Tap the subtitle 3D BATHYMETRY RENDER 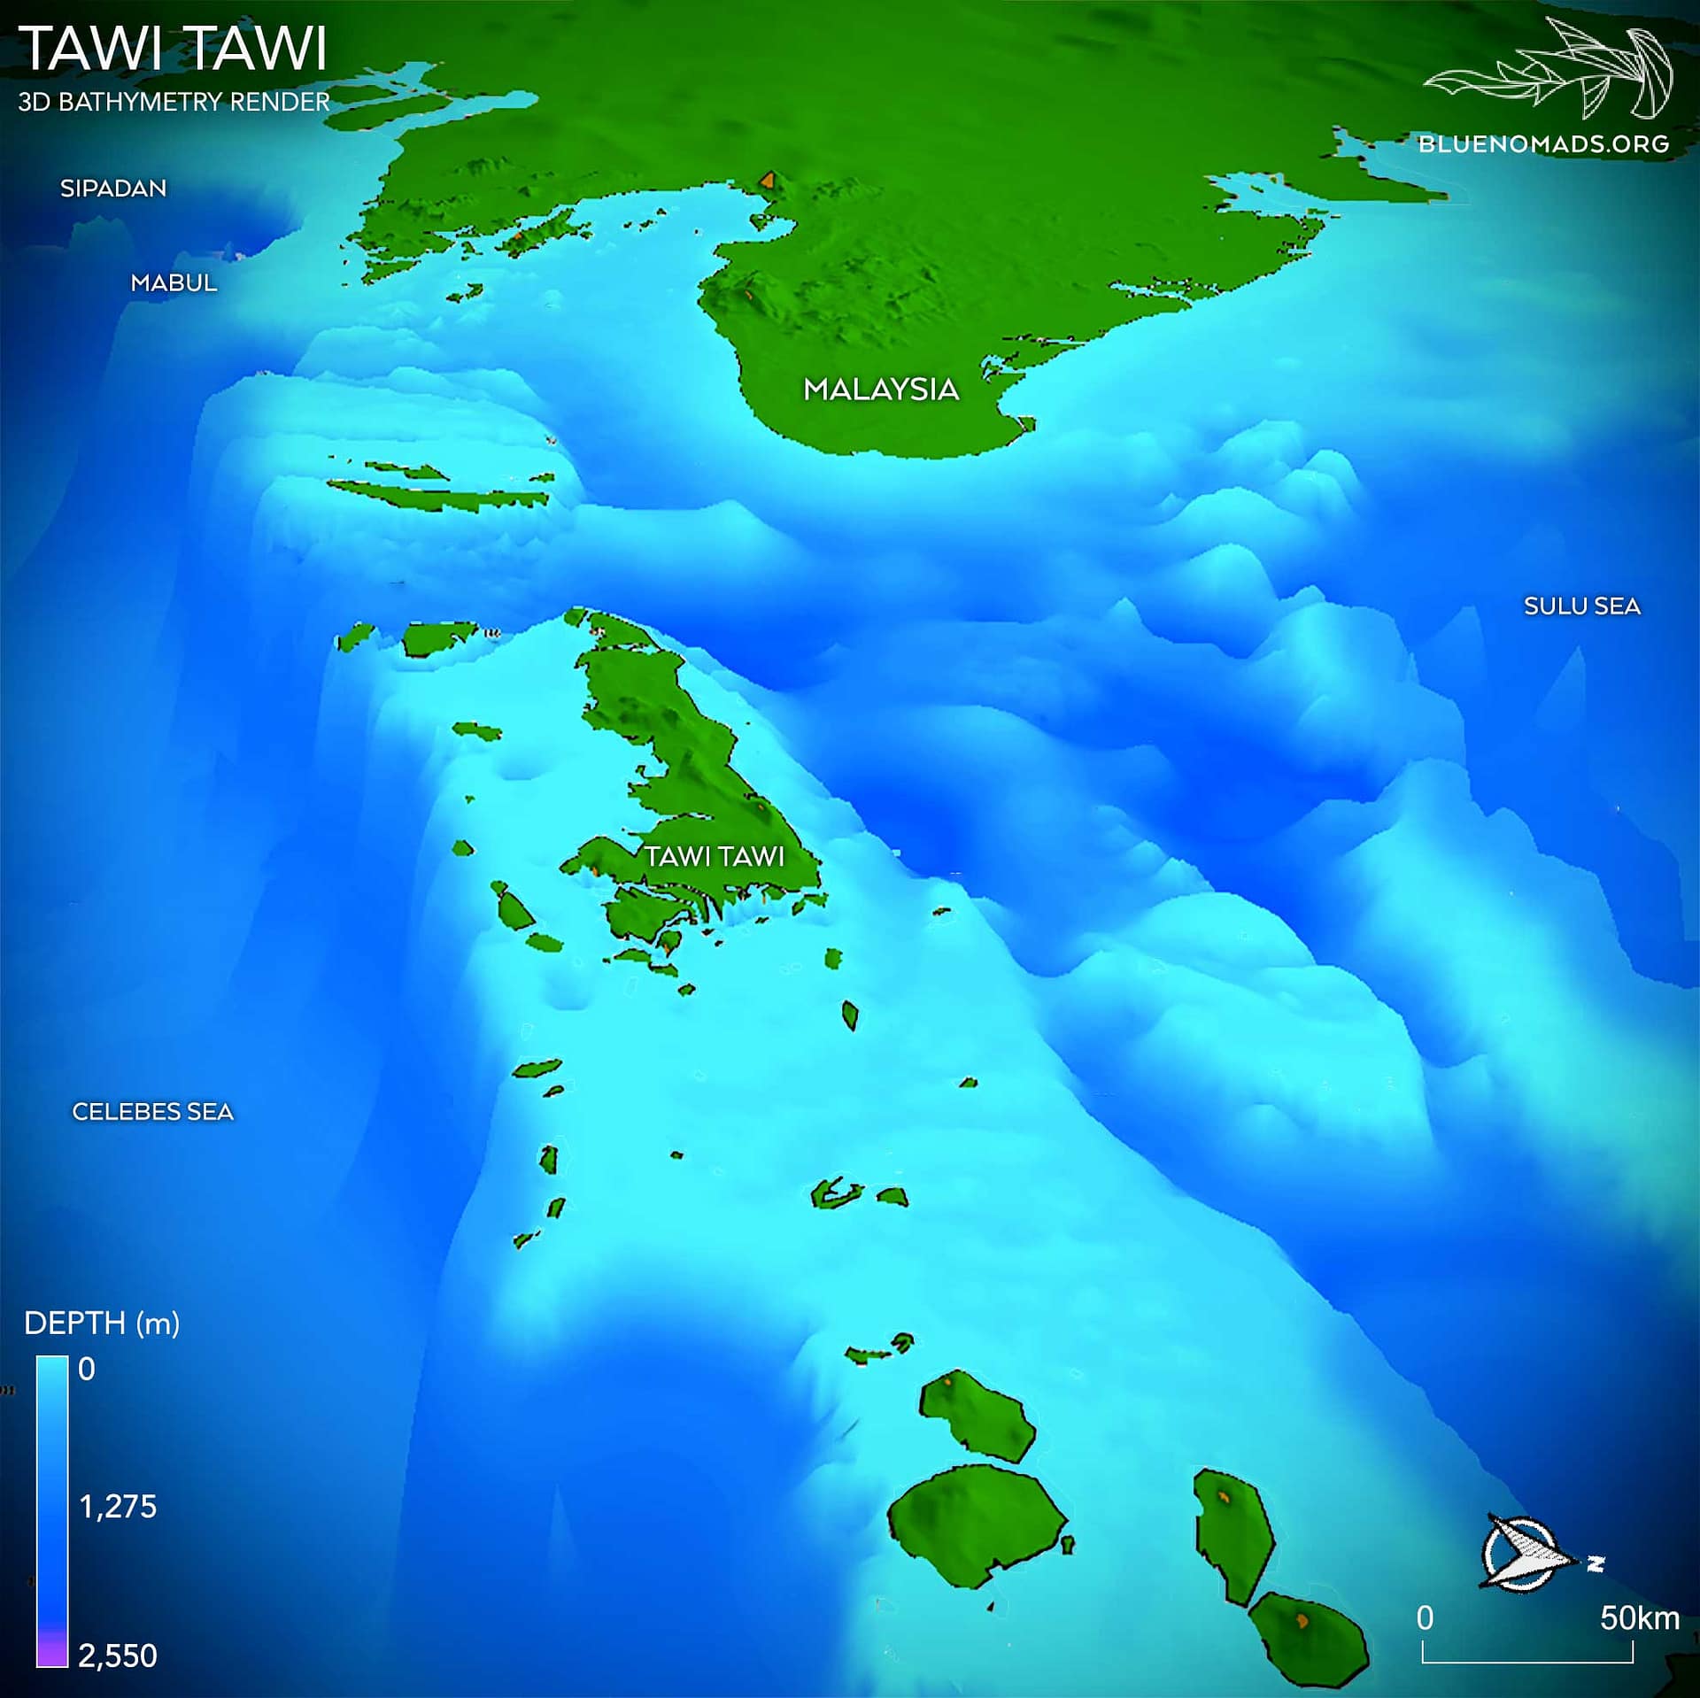point(174,102)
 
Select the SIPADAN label point(113,189)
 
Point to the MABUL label point(174,283)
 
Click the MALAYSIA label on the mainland point(881,390)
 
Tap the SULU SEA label point(1581,606)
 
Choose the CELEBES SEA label point(153,1112)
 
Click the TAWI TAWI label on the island point(715,856)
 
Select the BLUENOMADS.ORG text point(1543,144)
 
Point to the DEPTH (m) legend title point(102,1324)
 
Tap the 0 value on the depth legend point(86,1370)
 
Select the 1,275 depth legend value point(118,1507)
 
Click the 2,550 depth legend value point(118,1656)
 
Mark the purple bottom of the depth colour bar point(52,1652)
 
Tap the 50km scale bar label point(1639,1618)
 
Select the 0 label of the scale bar point(1425,1618)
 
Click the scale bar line point(1527,1661)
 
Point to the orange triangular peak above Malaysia point(768,181)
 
